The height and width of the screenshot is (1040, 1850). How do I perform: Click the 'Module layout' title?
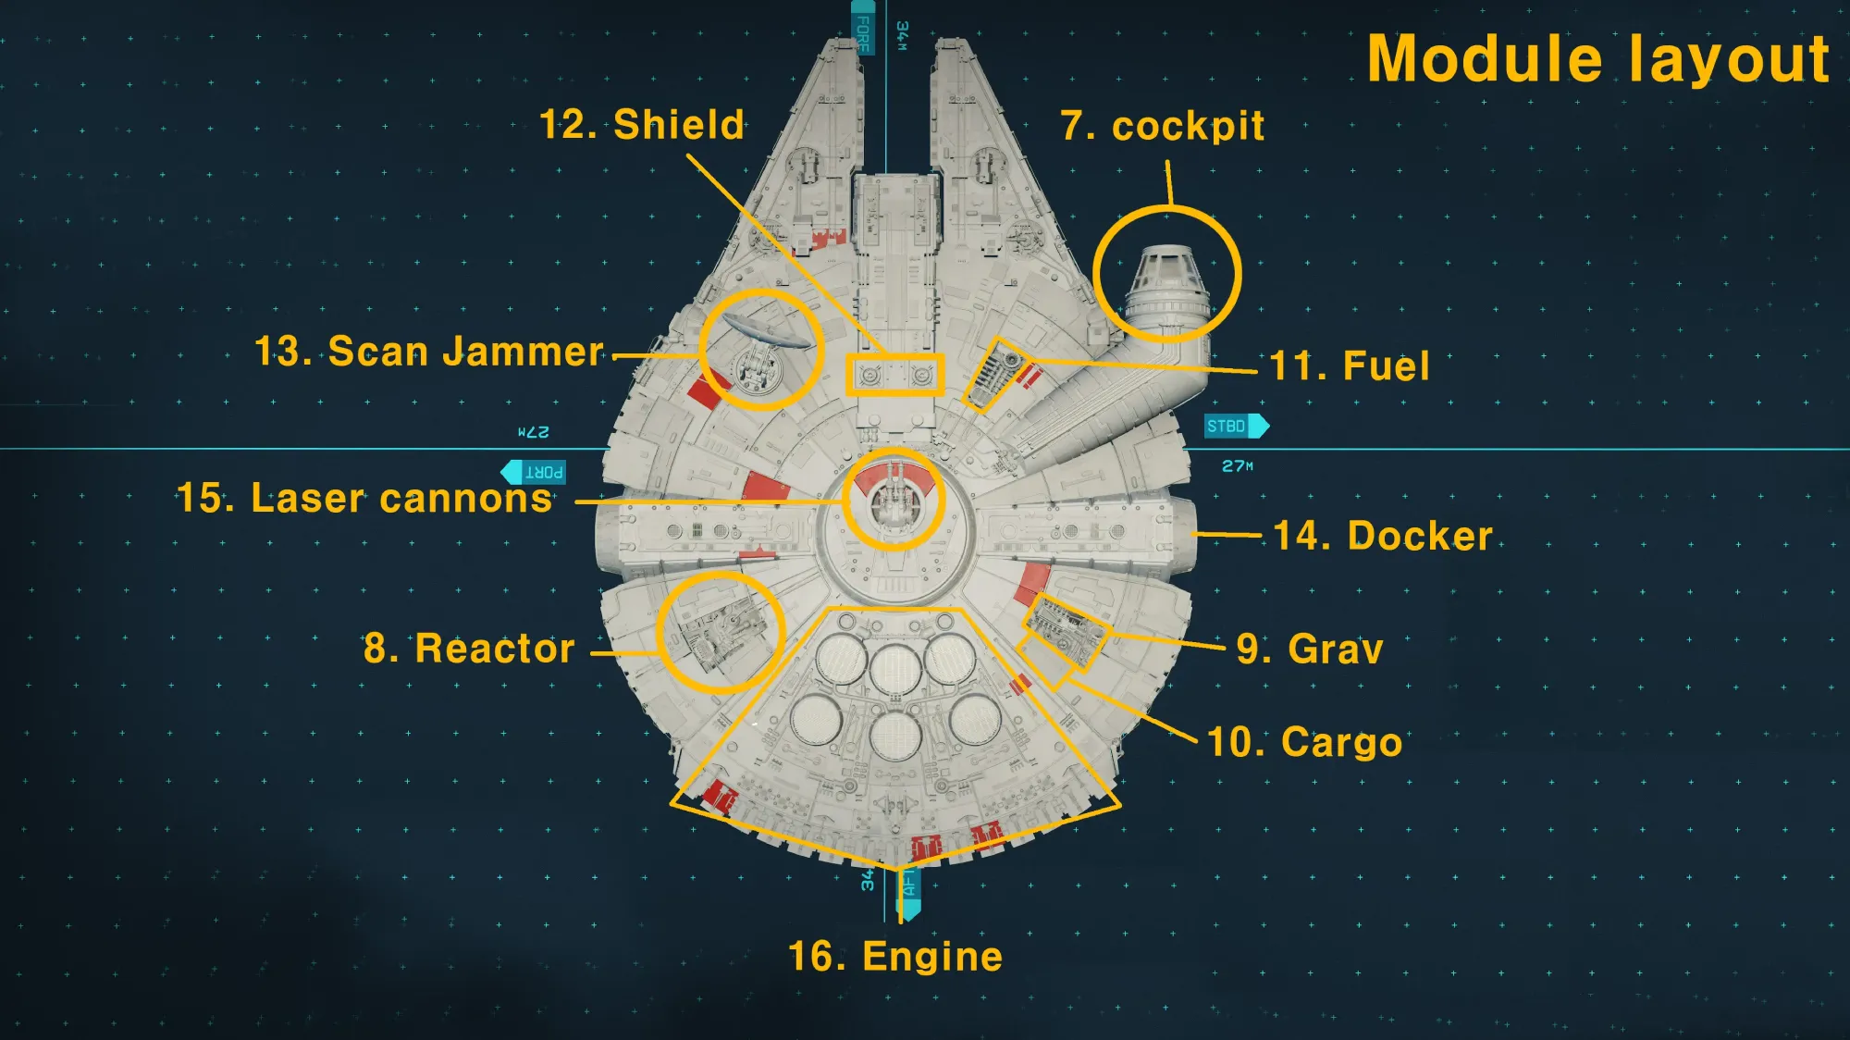[1597, 59]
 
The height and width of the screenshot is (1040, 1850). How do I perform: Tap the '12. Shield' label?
[642, 125]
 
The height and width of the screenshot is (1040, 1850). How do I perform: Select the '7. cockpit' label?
[1163, 126]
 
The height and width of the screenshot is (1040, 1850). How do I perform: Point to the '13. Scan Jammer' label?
[428, 353]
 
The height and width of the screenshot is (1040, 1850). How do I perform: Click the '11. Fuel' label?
[1350, 366]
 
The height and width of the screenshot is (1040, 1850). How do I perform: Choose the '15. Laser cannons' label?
[364, 499]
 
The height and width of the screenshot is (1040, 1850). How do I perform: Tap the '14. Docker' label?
[1383, 536]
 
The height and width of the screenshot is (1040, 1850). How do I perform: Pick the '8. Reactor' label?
[469, 649]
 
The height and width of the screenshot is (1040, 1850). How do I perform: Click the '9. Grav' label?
[1310, 650]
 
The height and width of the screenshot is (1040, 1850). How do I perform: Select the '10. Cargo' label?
[1305, 742]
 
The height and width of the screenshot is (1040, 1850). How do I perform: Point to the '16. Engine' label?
[895, 957]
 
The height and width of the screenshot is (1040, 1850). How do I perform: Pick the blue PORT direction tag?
[535, 473]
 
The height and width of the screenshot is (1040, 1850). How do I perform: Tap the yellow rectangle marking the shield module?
[894, 375]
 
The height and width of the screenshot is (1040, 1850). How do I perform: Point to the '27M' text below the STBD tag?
[1238, 466]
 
